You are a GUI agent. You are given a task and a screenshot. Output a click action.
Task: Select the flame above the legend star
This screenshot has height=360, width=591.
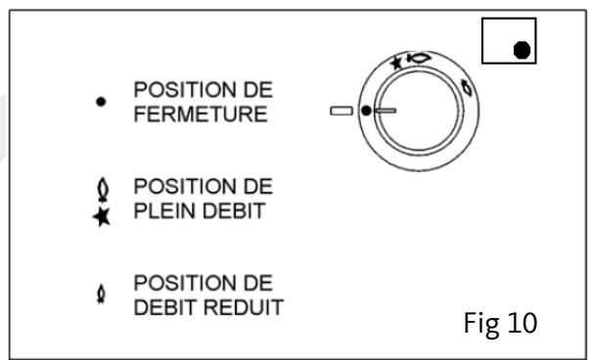pyautogui.click(x=101, y=184)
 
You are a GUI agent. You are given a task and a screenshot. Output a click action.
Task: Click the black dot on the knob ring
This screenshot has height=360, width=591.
pyautogui.click(x=367, y=112)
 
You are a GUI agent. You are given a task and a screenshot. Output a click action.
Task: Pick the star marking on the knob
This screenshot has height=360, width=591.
pyautogui.click(x=396, y=63)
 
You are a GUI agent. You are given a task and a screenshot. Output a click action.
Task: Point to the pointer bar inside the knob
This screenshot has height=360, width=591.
pyautogui.click(x=385, y=112)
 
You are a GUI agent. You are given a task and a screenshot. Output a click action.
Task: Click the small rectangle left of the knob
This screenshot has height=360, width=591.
pyautogui.click(x=341, y=112)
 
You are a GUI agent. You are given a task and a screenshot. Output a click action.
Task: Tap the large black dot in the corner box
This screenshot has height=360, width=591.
pyautogui.click(x=523, y=47)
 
